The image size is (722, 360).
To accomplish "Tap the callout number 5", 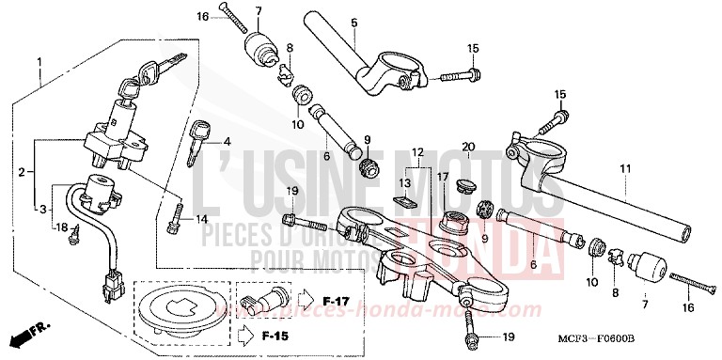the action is [354, 23].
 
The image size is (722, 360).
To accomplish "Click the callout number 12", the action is [417, 151].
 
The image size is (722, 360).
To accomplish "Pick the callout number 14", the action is [200, 219].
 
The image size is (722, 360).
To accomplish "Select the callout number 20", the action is [467, 147].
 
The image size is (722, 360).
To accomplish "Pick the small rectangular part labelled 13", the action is [403, 200].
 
